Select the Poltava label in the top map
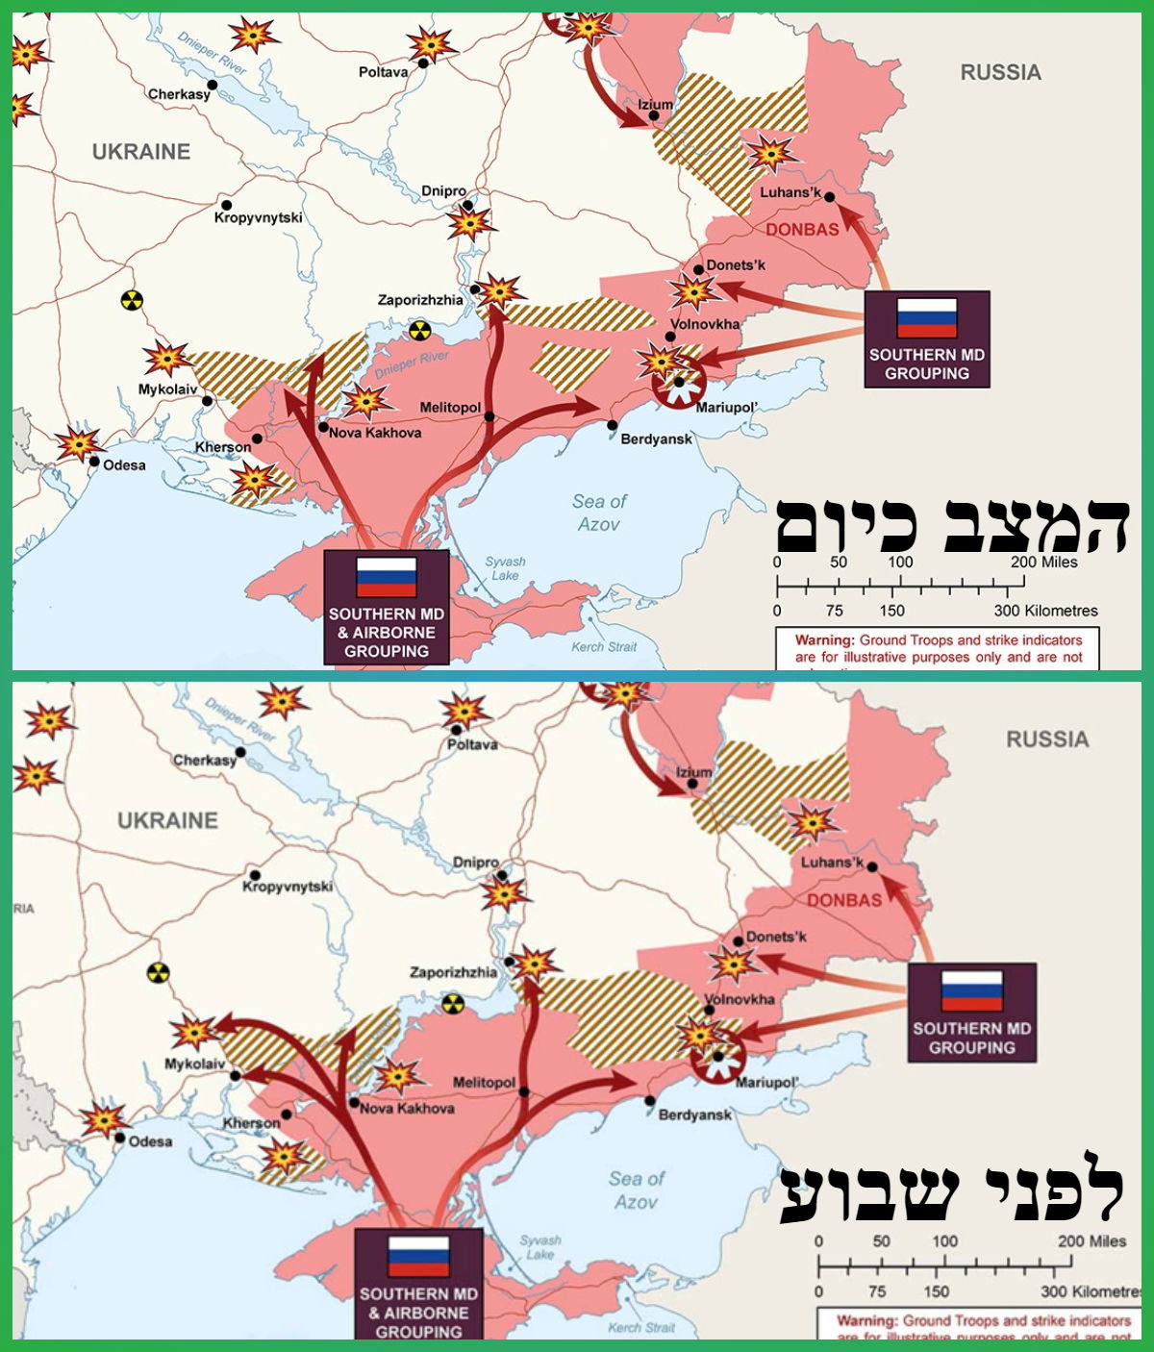(383, 72)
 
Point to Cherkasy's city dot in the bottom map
(240, 752)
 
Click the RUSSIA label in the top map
(1000, 72)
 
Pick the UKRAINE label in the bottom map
(167, 820)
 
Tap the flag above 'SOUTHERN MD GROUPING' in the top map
(926, 317)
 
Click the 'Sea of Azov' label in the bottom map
(636, 1189)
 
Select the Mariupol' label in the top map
(727, 408)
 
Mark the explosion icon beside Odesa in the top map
(77, 443)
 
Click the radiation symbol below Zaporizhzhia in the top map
(420, 330)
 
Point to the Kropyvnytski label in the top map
(258, 218)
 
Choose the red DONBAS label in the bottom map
(843, 901)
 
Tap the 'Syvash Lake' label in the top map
(505, 568)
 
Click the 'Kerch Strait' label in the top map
(604, 647)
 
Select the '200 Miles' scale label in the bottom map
(1091, 1241)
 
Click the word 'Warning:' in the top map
(824, 640)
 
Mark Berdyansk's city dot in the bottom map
(650, 1101)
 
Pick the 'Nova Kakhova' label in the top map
(375, 433)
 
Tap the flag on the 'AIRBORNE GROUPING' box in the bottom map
(418, 1256)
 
